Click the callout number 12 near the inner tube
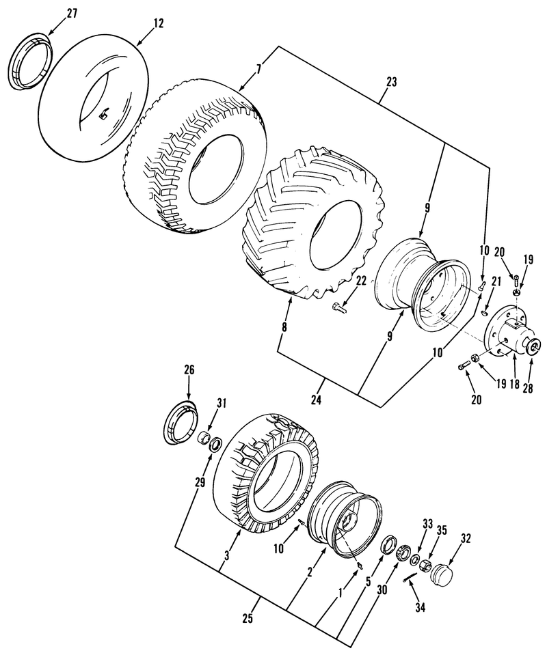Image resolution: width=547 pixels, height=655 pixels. [x=159, y=23]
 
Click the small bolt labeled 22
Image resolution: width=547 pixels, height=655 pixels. [x=340, y=309]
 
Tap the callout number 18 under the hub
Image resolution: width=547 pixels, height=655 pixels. [x=513, y=385]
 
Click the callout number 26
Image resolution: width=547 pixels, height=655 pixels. [x=189, y=371]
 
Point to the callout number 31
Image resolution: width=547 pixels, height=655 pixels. [x=221, y=403]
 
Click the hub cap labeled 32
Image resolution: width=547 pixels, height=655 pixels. [x=442, y=571]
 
